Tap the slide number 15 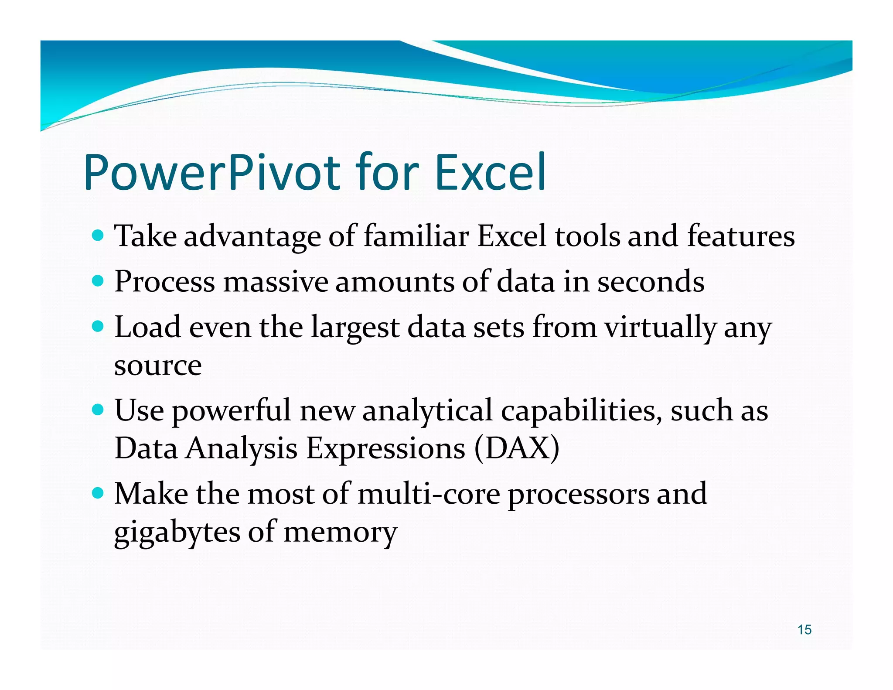tap(804, 629)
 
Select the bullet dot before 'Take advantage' tap(99, 236)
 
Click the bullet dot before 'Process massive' tap(99, 281)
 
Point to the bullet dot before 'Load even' tap(99, 327)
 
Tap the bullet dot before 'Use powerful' tap(99, 410)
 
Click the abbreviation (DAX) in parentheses tap(517, 448)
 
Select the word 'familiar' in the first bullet tap(416, 236)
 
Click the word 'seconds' tap(651, 282)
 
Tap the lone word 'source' tap(158, 365)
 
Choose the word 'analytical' tap(427, 411)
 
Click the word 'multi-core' tap(429, 494)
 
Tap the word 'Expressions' tap(385, 449)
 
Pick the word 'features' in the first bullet tap(741, 236)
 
